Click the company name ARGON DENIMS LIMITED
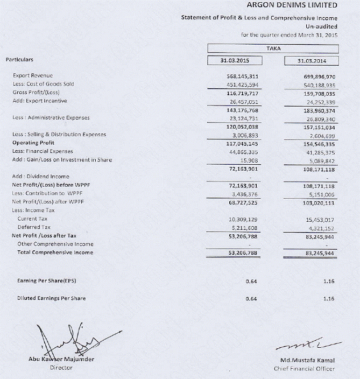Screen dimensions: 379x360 [x=292, y=5]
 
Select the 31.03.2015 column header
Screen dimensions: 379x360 [x=236, y=61]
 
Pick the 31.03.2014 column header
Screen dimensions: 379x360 [x=312, y=61]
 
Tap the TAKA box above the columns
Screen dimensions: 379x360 [x=273, y=48]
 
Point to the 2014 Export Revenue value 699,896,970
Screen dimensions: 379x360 [x=320, y=76]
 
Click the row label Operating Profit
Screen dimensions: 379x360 [x=33, y=143]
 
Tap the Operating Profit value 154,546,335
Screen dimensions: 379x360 [x=320, y=143]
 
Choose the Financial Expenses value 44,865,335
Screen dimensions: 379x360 [x=244, y=151]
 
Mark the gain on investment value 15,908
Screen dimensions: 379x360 [x=250, y=160]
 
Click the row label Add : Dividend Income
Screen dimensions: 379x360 [x=40, y=177]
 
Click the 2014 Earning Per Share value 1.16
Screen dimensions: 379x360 [x=329, y=281]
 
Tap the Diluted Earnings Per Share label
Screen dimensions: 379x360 [x=51, y=298]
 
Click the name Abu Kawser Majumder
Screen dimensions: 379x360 [x=61, y=359]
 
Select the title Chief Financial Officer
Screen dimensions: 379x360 [x=304, y=369]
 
